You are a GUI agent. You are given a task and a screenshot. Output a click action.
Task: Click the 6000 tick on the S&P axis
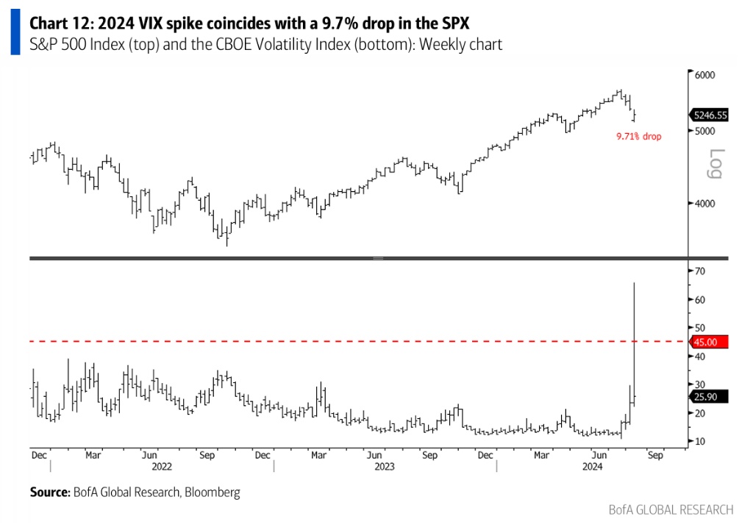[x=706, y=75]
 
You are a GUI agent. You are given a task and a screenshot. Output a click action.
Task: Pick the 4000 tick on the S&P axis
[x=706, y=204]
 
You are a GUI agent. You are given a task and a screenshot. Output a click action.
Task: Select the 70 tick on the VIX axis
[x=700, y=271]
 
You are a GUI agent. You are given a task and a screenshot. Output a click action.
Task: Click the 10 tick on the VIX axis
[x=700, y=441]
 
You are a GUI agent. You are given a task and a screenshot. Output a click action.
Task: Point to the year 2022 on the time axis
[x=162, y=466]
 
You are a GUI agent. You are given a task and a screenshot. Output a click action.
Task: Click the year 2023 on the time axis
[x=385, y=466]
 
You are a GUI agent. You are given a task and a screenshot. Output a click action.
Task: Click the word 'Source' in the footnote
[x=49, y=492]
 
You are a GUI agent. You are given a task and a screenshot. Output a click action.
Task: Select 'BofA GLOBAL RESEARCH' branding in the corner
[x=671, y=509]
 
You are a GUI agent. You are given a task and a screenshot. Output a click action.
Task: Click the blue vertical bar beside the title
[x=15, y=33]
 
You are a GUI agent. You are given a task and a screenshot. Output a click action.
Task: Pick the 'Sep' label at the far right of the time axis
[x=655, y=455]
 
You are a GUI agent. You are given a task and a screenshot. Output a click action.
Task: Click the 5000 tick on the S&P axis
[x=706, y=131]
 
